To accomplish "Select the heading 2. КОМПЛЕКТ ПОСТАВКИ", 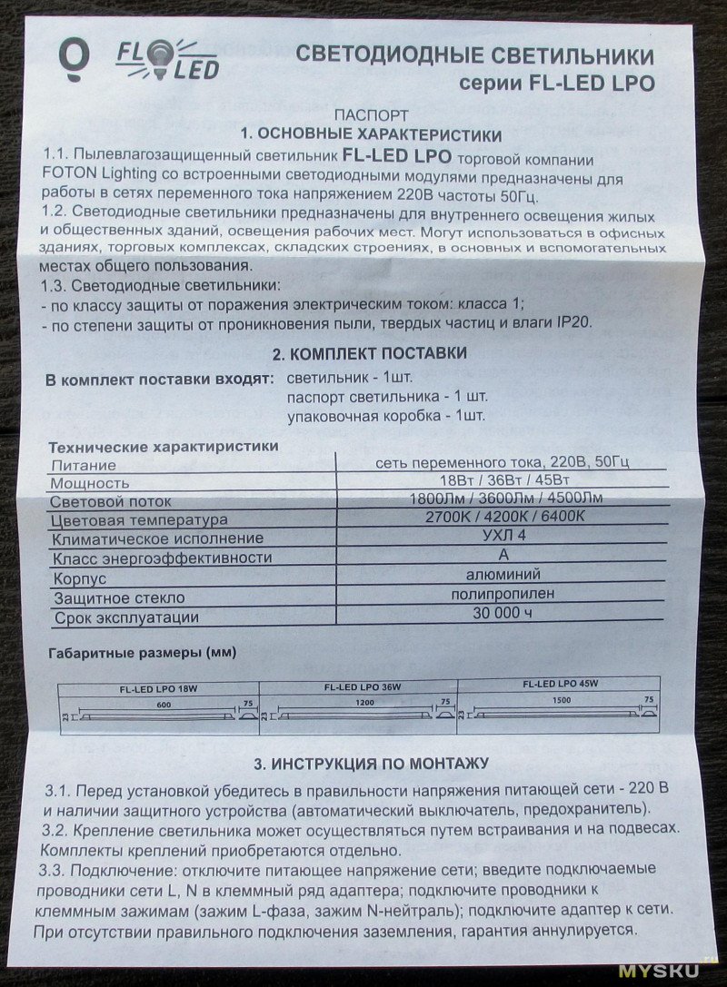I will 371,353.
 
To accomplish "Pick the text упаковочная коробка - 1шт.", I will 386,417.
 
